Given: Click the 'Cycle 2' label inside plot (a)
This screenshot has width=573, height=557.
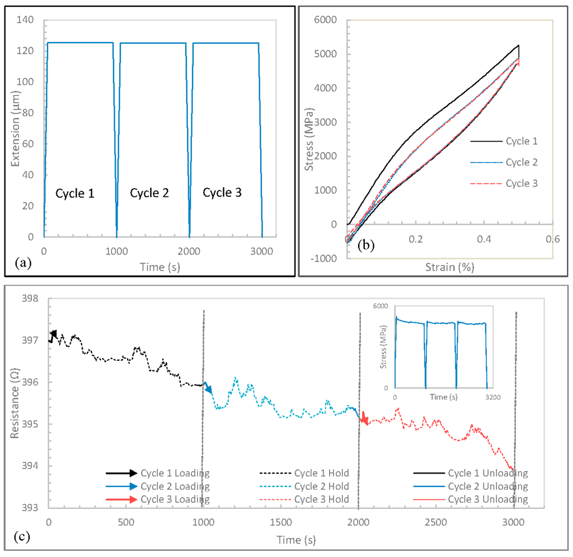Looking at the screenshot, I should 149,193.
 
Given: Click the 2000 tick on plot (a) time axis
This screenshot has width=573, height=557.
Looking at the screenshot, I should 189,250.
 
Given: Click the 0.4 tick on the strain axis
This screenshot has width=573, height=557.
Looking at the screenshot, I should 484,239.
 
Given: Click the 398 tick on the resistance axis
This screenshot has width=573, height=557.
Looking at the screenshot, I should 30,299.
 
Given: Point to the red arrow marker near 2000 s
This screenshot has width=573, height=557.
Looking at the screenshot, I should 364,419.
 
